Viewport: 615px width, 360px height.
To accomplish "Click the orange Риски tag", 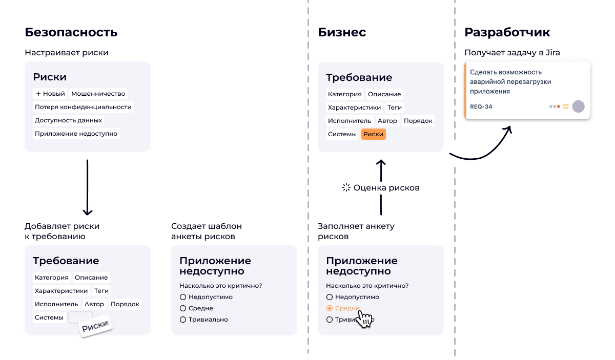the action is click(374, 134).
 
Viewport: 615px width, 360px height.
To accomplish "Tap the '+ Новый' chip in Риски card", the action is click(50, 94).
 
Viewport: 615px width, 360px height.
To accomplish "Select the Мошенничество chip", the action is click(98, 94).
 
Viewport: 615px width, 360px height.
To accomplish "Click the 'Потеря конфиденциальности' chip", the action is click(83, 107).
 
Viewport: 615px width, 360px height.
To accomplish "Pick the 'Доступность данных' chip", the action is click(68, 120).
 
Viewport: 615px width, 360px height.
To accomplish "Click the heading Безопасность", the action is click(71, 32).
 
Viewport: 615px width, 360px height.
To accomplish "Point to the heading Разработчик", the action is click(507, 32).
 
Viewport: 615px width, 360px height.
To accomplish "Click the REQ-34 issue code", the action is click(481, 107).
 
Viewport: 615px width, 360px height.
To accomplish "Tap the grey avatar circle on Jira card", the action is click(578, 107).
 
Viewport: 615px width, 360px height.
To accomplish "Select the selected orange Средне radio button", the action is click(330, 308).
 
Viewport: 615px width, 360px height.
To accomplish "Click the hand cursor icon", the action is click(364, 319).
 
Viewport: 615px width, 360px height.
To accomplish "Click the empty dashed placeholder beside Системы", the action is click(80, 317).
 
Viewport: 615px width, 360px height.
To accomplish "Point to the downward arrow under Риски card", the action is click(87, 187).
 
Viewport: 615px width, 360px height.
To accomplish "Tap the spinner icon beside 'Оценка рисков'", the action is click(346, 188).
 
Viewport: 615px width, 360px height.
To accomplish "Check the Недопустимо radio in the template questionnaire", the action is click(183, 297).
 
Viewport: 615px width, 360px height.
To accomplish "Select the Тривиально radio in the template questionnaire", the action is click(183, 320).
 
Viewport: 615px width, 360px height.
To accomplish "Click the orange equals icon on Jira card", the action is click(566, 107).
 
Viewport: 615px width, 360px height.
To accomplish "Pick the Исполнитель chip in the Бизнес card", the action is click(350, 121).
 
